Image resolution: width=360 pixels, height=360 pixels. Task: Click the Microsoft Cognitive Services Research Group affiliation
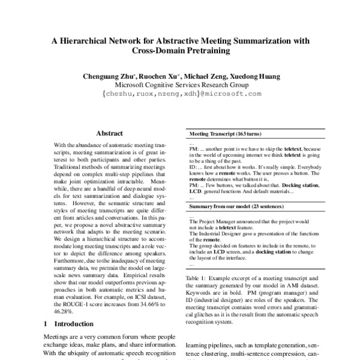180,85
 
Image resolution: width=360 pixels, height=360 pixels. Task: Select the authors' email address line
180,94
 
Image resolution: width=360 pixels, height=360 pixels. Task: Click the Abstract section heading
109,134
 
